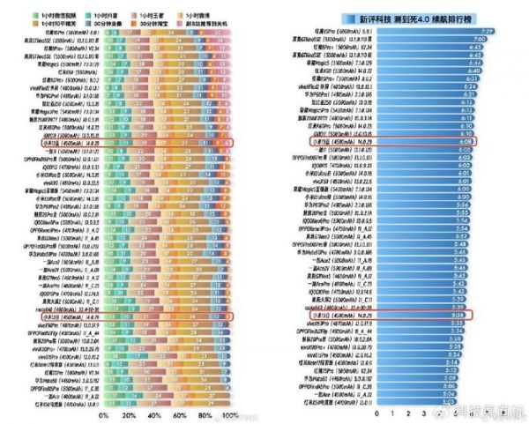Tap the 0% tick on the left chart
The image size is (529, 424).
coord(104,414)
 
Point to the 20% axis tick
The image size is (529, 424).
coord(129,414)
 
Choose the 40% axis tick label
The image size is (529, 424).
coord(155,414)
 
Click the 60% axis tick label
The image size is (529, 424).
coord(180,414)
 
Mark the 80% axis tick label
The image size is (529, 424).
coord(205,414)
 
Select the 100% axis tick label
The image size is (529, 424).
coord(230,414)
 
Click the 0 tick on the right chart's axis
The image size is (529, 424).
coord(376,412)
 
